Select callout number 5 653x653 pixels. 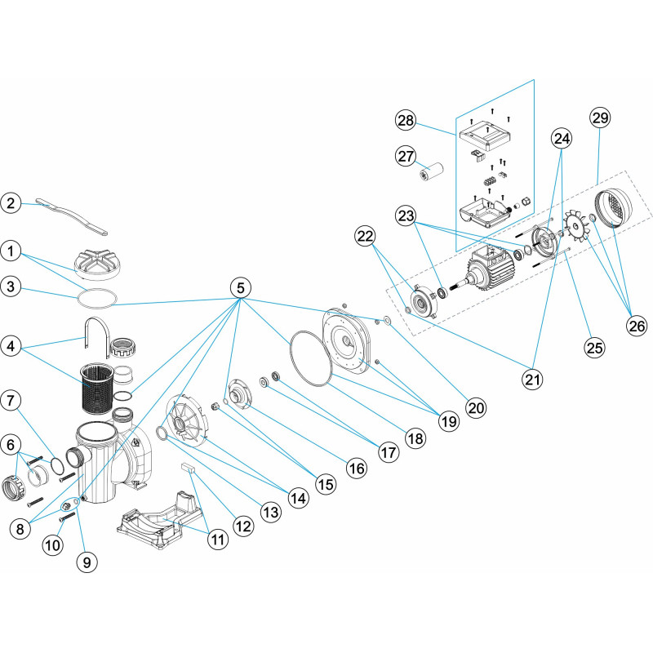point(240,287)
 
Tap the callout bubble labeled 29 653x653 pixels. point(600,119)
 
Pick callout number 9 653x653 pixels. point(85,561)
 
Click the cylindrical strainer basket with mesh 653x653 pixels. point(98,388)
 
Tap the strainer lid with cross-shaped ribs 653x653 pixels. point(97,261)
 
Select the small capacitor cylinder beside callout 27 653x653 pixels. point(430,173)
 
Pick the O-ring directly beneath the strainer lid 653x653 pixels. point(97,295)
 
